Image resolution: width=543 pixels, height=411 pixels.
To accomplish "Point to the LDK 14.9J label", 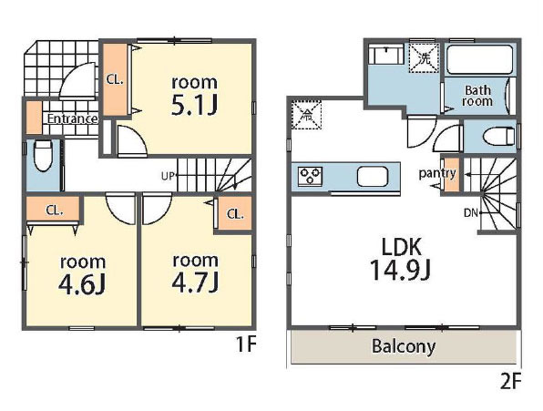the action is (401, 259).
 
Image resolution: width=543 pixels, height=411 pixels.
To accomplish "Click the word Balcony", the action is (404, 346).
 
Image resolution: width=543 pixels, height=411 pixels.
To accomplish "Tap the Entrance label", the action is (72, 119).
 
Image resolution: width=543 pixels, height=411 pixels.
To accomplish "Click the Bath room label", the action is (477, 96).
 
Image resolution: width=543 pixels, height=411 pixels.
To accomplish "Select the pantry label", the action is (437, 173).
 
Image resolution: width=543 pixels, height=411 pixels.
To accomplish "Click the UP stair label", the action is (168, 176).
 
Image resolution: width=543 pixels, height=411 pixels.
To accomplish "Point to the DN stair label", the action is (471, 213).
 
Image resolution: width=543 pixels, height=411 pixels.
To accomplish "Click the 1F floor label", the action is (246, 344).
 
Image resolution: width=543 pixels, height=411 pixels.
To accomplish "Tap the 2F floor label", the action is (511, 382).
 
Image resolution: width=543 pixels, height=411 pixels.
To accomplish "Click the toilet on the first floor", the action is (44, 156).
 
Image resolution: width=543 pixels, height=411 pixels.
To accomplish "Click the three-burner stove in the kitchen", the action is (310, 176).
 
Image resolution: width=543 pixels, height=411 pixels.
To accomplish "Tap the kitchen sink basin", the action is (373, 176).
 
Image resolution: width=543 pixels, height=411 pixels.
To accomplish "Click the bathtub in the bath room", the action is (480, 59).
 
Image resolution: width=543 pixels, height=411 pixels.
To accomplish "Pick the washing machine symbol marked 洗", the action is (425, 58).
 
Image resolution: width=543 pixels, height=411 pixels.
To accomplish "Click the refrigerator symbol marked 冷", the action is (307, 115).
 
